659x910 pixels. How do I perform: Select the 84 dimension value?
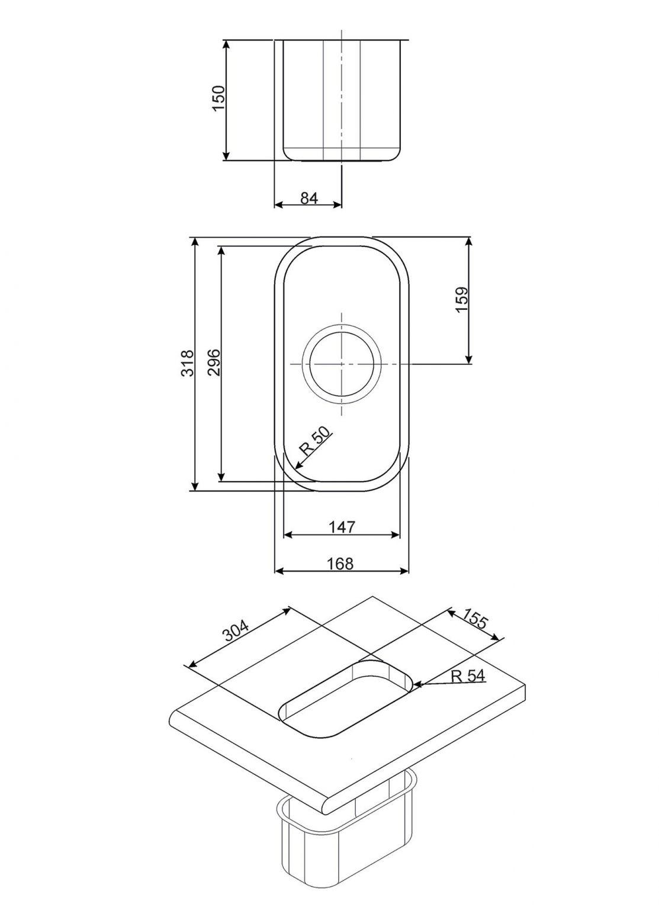pyautogui.click(x=309, y=198)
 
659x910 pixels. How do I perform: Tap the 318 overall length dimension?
pyautogui.click(x=188, y=364)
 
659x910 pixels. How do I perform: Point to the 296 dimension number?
pyautogui.click(x=214, y=363)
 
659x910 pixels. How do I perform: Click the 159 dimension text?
pyautogui.click(x=462, y=300)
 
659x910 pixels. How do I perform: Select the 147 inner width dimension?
pyautogui.click(x=342, y=527)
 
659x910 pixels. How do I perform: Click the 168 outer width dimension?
pyautogui.click(x=340, y=563)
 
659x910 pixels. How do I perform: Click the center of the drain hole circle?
pyautogui.click(x=342, y=363)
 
